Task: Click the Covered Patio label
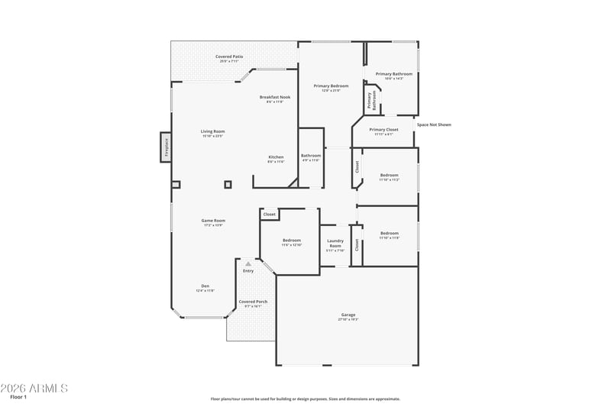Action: point(229,57)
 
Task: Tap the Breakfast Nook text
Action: point(275,97)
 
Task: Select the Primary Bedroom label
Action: point(331,86)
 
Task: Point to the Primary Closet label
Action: point(383,130)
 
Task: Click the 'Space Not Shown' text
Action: point(434,124)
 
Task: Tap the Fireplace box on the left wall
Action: point(166,147)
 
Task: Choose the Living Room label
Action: point(212,131)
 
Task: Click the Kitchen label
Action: point(276,157)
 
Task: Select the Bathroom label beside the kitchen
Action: point(311,156)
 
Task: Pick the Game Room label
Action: point(213,221)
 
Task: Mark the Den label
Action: point(205,286)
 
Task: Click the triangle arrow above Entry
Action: point(247,263)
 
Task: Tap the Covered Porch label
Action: point(253,302)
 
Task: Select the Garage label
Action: point(348,315)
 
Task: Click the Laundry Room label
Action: point(335,243)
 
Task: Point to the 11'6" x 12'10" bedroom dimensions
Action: point(292,245)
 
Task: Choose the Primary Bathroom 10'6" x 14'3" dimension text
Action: point(393,79)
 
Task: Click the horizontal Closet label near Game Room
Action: point(269,215)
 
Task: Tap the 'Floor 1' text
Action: point(18,397)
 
